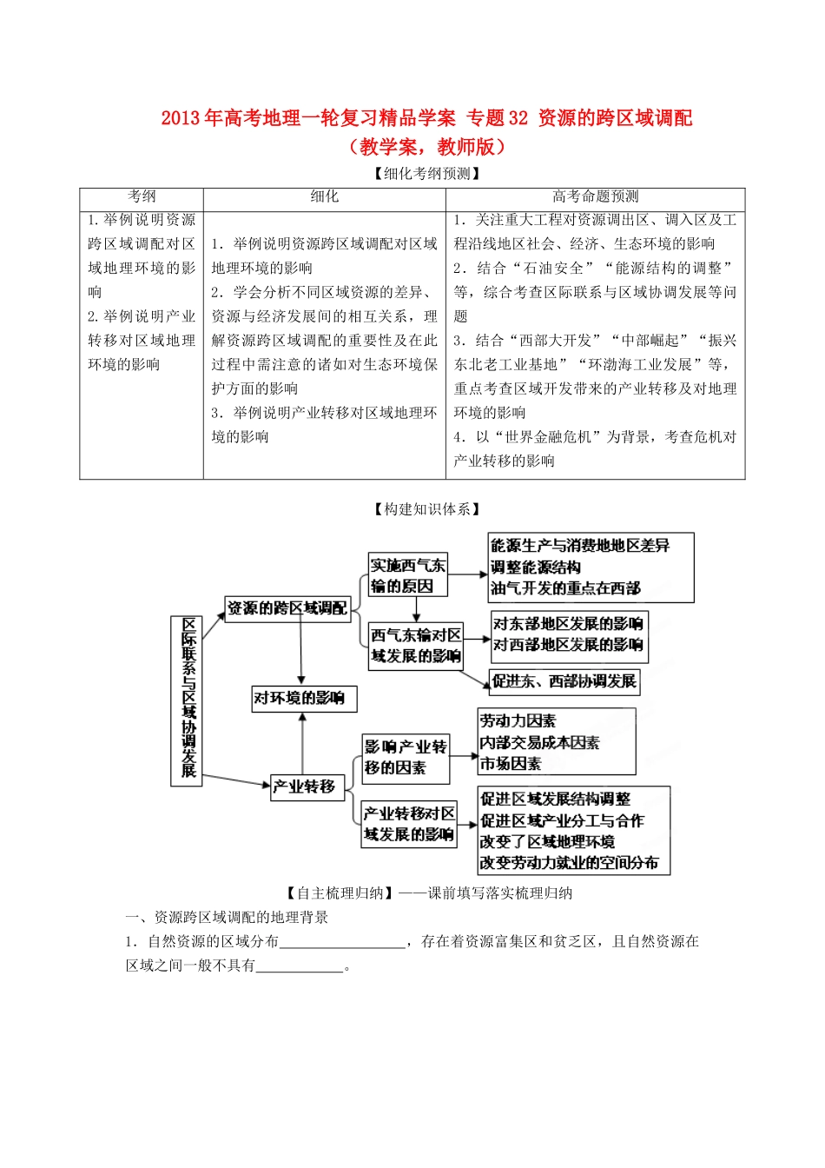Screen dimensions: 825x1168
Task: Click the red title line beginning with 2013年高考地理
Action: coord(426,118)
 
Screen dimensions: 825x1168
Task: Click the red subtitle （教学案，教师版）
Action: coord(426,147)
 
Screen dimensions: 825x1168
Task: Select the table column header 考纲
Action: coord(142,197)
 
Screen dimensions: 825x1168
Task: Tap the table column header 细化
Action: coord(325,197)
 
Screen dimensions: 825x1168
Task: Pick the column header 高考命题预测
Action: coord(596,197)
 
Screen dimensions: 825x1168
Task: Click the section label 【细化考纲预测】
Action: coord(426,174)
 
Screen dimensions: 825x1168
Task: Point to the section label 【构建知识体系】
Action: coord(426,509)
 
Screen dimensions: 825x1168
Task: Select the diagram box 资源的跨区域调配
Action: coord(287,608)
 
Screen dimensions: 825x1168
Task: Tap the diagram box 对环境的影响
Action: coord(303,698)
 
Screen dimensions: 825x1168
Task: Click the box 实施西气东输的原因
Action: coord(408,575)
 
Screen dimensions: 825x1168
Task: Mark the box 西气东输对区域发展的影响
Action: coord(416,646)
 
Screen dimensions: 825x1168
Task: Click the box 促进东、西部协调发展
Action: coord(564,681)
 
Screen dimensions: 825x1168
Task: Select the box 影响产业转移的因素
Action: coord(406,757)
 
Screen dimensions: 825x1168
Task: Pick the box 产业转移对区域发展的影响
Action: coord(409,824)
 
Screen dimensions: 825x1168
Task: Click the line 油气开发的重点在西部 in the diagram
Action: coord(565,588)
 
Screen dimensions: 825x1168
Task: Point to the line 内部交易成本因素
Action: coord(539,742)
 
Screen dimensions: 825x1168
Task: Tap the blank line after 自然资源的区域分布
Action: coord(342,942)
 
